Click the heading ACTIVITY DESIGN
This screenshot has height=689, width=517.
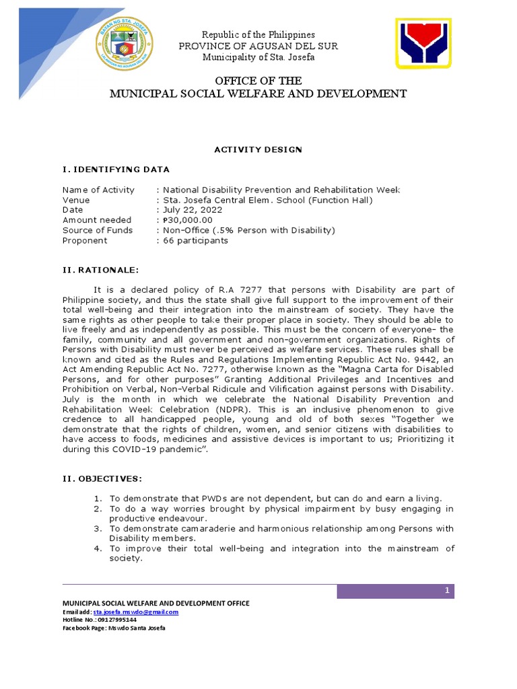(258, 149)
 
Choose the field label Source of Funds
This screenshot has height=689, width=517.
(98, 230)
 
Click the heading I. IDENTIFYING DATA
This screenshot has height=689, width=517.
(116, 169)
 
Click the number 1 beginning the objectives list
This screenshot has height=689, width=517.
(98, 499)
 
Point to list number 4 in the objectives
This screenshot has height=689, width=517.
(98, 548)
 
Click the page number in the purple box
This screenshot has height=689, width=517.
(446, 591)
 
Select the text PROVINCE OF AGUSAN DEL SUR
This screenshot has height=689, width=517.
(258, 46)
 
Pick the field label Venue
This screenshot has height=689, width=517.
(76, 200)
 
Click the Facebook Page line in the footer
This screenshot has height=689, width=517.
(114, 628)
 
